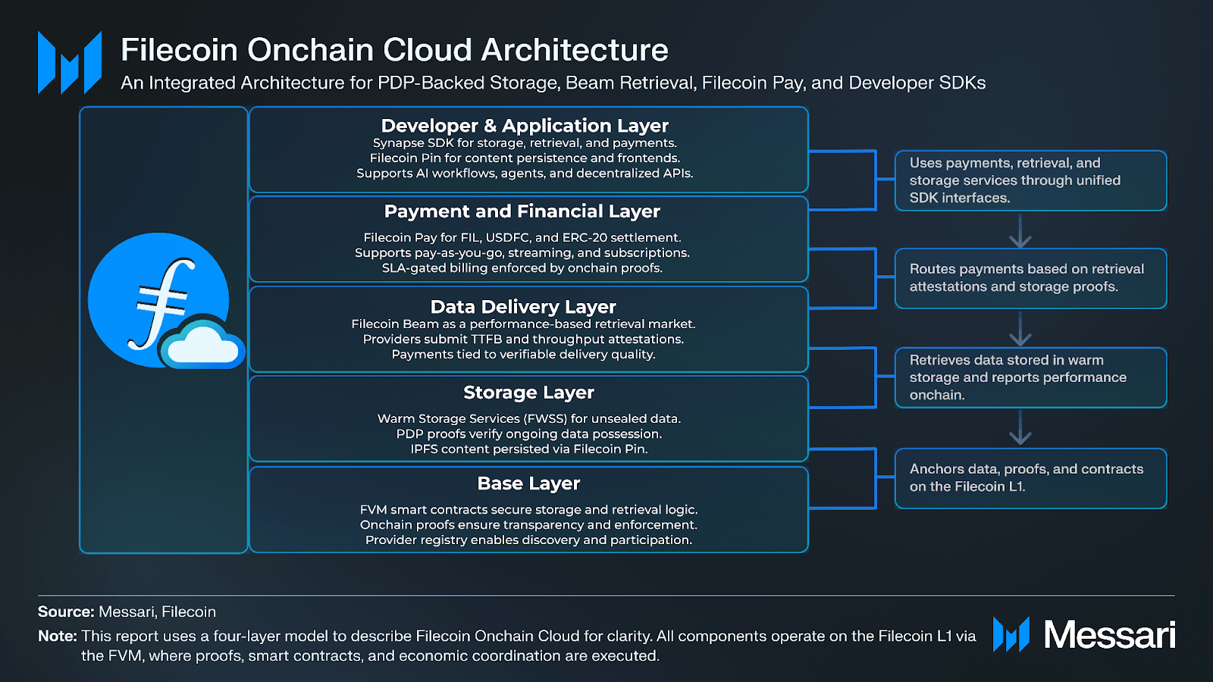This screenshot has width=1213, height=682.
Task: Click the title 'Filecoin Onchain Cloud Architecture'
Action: (x=394, y=50)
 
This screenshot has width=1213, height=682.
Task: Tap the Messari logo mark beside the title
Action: (x=70, y=63)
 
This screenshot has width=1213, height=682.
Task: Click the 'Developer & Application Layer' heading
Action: (x=525, y=126)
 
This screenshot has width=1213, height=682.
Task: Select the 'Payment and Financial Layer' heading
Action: (x=522, y=211)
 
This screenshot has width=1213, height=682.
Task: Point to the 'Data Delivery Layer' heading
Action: (x=523, y=307)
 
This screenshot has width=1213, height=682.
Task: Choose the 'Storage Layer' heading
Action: (x=528, y=393)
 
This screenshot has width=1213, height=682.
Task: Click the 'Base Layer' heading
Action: (x=528, y=483)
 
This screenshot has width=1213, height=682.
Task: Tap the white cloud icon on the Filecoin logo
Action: (x=202, y=345)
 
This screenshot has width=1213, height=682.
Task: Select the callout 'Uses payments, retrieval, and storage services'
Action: (x=1030, y=180)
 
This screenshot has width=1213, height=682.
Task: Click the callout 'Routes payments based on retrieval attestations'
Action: (x=1030, y=278)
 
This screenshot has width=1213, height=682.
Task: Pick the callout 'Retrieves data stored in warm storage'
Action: (x=1030, y=377)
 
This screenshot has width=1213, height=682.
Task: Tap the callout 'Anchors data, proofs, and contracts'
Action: (x=1030, y=478)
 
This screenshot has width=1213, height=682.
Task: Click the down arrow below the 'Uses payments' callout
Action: (x=1020, y=232)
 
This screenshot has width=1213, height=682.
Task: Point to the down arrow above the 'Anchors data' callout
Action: (x=1020, y=429)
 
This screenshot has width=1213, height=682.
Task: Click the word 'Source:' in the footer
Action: (x=66, y=612)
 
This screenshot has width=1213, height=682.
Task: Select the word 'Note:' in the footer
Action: (x=58, y=637)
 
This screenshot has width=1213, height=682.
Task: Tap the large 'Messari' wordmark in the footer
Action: (x=1109, y=635)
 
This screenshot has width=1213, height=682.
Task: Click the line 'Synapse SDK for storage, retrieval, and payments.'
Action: (x=525, y=143)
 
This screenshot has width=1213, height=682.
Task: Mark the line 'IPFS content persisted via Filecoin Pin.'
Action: (x=529, y=449)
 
